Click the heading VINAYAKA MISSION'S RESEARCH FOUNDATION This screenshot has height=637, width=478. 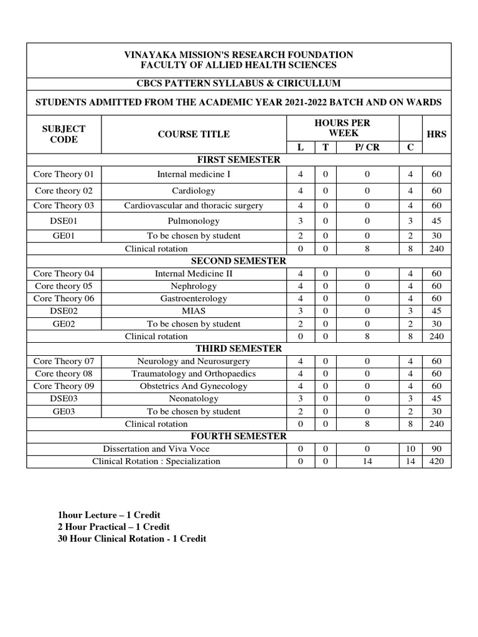coord(239,55)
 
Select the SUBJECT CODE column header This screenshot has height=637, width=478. coord(63,134)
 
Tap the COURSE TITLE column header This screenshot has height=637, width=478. coord(194,134)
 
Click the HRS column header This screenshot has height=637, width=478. coord(436,134)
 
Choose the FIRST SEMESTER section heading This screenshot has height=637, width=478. coord(239,160)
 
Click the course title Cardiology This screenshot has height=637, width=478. coord(194,190)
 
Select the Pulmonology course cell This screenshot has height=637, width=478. coord(194,221)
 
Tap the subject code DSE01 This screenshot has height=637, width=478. coord(63,221)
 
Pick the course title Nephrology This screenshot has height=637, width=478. coord(194,286)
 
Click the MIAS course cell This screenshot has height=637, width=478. coord(194,310)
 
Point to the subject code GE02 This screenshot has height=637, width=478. coord(63,323)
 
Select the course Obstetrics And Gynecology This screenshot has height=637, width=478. coord(194,386)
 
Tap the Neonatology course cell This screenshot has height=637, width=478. coord(194,398)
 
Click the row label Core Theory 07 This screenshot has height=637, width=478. coord(63,361)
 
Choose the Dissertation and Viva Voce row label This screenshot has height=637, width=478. coord(156,449)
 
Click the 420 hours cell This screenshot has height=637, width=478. coord(436,461)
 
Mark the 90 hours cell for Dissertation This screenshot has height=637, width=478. coord(436,449)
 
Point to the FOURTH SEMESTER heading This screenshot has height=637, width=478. coord(239,436)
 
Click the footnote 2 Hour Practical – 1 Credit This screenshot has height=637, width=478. coord(113,527)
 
